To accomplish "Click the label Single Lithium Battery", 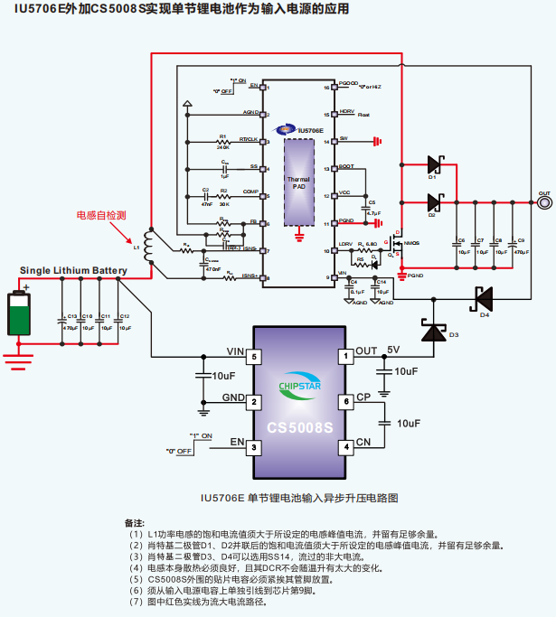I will pos(73,271).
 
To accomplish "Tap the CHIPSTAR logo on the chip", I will pos(299,388).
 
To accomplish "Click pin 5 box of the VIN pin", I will pos(255,357).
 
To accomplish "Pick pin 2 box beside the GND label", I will pos(255,401).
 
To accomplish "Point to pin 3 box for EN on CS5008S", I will pos(255,446).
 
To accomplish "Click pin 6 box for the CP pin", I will pos(344,401).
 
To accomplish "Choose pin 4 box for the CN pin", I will pos(344,446).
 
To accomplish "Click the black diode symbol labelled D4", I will pos(483,294).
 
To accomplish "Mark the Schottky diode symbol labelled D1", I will pos(431,164).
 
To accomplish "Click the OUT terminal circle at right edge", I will pos(544,202).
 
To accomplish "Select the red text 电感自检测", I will pos(100,216).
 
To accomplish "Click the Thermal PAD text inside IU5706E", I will pos(299,182).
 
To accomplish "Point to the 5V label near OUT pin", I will pos(393,350).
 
